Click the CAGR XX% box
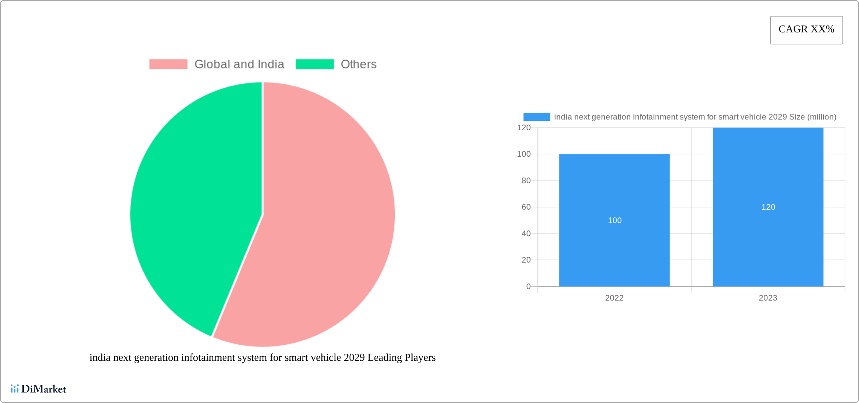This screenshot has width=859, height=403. [x=806, y=30]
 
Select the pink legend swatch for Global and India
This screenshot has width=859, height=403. [x=168, y=64]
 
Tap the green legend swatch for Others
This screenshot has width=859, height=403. [x=314, y=64]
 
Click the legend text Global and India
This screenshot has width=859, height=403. [x=239, y=64]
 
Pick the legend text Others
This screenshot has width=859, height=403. [x=358, y=64]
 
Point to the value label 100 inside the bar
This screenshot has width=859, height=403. [x=614, y=220]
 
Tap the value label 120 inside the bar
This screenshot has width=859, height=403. [x=768, y=207]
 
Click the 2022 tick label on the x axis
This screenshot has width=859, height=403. [x=614, y=298]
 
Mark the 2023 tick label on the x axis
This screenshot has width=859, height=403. [x=768, y=298]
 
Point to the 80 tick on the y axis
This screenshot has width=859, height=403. [x=526, y=181]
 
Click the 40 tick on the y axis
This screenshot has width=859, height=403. [x=526, y=234]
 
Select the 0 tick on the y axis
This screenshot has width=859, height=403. [x=528, y=287]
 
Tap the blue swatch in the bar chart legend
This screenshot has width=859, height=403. [x=536, y=117]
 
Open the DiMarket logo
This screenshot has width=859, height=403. [x=38, y=389]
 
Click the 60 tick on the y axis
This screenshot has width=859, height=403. [x=526, y=207]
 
